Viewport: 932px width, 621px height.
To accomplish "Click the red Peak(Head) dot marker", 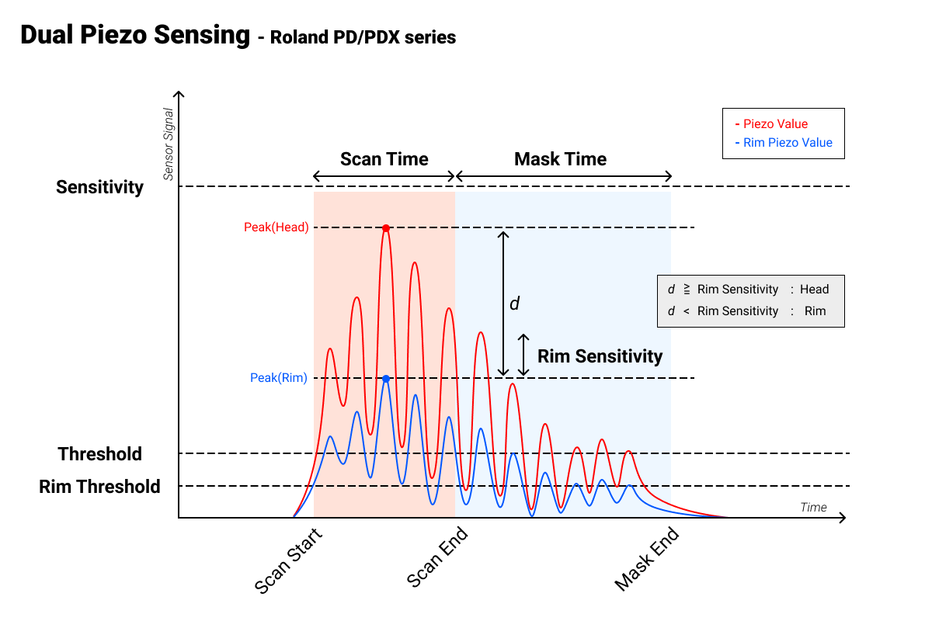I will click(385, 227).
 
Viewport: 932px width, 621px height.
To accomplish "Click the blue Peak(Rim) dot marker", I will click(385, 378).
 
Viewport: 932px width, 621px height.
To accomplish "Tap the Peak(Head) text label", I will click(276, 227).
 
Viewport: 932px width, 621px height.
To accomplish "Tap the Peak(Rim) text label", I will click(279, 378).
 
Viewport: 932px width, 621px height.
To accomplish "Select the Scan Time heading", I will click(384, 159).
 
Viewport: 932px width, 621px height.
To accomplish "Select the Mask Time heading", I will click(560, 159).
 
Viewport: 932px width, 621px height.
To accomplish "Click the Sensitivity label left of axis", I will click(99, 187).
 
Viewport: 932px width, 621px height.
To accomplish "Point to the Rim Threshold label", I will click(99, 487).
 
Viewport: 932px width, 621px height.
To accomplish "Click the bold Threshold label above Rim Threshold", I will click(99, 454).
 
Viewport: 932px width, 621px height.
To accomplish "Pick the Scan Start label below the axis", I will click(288, 560).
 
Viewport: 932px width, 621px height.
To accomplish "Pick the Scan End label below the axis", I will click(438, 558).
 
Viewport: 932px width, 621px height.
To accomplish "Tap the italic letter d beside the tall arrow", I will click(514, 304).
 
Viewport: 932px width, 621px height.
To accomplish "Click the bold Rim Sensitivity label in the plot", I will click(600, 356).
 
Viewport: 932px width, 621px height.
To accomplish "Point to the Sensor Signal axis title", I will click(168, 144).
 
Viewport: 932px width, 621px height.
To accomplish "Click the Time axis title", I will click(813, 507).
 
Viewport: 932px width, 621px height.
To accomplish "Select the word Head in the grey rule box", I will click(814, 290).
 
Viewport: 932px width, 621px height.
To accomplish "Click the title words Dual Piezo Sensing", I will click(135, 36).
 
